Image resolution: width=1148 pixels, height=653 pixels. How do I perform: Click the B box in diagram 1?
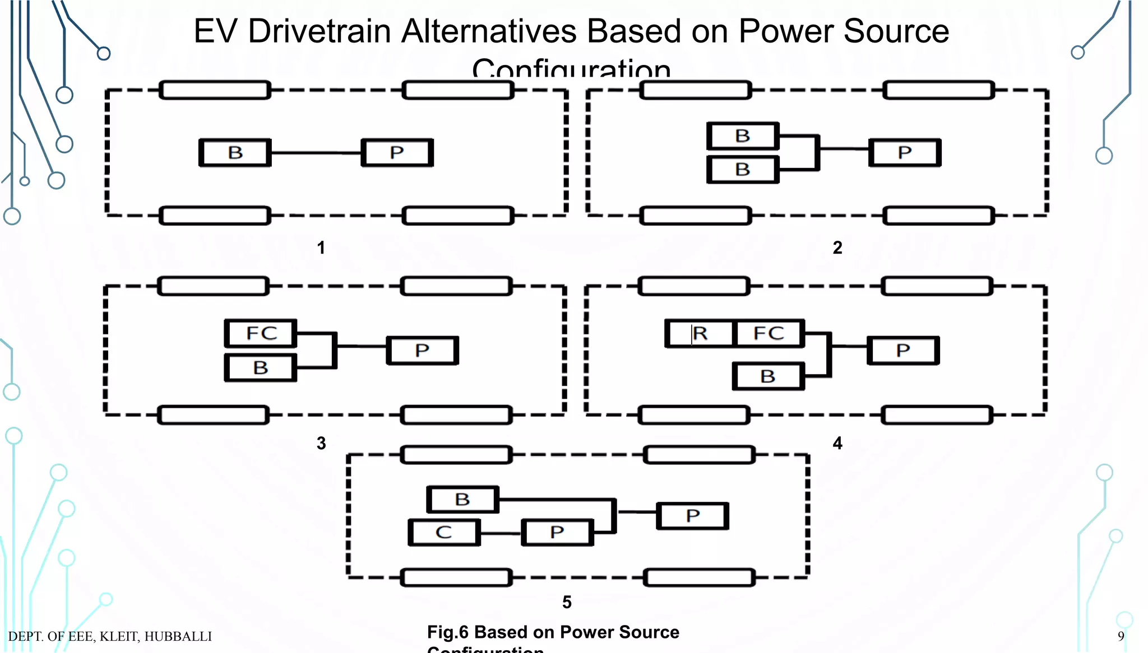click(x=235, y=153)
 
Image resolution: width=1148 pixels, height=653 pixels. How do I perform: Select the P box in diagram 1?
click(x=397, y=153)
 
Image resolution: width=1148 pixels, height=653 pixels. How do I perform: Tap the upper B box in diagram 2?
click(x=743, y=136)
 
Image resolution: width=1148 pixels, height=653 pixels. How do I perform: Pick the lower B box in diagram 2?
click(x=743, y=170)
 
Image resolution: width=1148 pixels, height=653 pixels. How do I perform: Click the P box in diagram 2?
click(x=905, y=153)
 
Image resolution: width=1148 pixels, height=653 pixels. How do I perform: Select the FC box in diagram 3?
click(x=261, y=334)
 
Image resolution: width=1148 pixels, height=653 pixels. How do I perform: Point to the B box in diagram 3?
click(x=261, y=368)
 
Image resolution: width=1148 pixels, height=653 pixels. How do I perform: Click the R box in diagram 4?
click(x=700, y=334)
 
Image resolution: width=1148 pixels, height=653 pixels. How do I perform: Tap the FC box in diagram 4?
click(x=769, y=334)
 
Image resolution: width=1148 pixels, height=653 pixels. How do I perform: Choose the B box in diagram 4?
click(x=769, y=376)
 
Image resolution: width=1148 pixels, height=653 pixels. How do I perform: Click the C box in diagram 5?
click(x=444, y=533)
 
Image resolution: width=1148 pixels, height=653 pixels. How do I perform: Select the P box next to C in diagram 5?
click(x=557, y=533)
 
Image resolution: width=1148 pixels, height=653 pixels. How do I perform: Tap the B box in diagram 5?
click(x=462, y=500)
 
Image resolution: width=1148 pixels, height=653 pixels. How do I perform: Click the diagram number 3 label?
click(x=321, y=444)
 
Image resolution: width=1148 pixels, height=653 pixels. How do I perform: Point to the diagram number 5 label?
click(x=567, y=603)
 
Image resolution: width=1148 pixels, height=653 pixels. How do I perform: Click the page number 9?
click(x=1121, y=636)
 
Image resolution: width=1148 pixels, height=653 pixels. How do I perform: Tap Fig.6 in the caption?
click(x=447, y=632)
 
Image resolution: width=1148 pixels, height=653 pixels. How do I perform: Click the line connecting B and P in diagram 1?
click(x=316, y=153)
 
